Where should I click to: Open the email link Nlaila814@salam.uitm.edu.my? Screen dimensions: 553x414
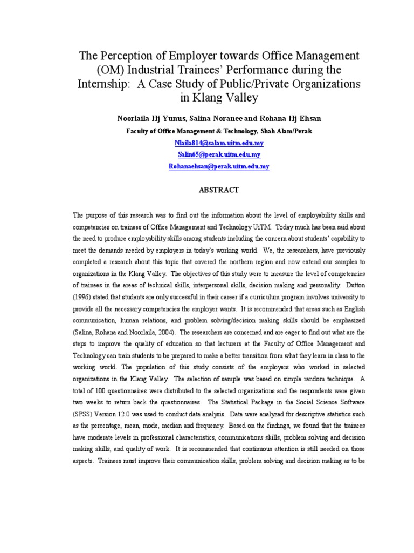point(219,143)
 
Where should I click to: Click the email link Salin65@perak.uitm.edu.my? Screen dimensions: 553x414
point(219,154)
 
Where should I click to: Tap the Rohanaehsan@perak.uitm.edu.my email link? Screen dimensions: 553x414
point(219,166)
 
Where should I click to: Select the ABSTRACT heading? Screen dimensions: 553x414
point(219,190)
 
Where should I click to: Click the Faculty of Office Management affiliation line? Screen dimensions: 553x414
point(219,131)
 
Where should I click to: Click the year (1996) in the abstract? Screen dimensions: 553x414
point(84,297)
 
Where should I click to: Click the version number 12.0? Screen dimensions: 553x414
point(125,414)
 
